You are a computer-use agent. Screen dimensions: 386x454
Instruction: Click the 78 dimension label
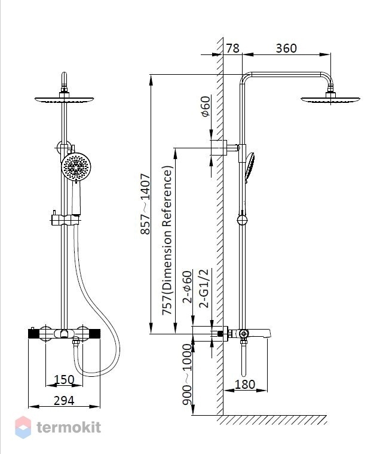tap(232, 48)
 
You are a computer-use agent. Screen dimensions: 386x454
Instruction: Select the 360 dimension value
tap(286, 48)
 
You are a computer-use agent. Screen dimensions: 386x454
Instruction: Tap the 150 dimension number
tap(64, 380)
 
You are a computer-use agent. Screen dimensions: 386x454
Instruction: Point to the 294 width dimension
tap(64, 401)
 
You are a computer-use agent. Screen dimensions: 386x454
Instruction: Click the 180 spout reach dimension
tap(245, 385)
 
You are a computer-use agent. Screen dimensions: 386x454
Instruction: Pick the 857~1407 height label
tap(145, 204)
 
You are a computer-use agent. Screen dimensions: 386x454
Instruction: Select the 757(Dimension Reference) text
tap(167, 240)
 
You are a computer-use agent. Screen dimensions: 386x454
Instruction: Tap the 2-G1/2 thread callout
tap(204, 288)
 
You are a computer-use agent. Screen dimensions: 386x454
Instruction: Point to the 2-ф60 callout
tap(187, 287)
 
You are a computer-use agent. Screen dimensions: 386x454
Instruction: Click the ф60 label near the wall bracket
tap(206, 106)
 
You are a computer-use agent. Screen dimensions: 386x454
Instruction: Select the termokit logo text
tap(69, 427)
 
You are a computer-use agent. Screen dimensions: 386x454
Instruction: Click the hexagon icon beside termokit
tap(23, 427)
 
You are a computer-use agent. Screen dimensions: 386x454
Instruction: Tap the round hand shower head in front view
tap(76, 167)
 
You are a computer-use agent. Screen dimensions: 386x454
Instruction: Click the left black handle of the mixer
tap(34, 334)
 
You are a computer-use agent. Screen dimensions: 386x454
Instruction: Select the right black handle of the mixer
tap(94, 334)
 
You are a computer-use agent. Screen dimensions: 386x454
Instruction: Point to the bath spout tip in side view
tap(269, 334)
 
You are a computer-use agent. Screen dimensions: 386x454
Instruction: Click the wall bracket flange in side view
tap(219, 148)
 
